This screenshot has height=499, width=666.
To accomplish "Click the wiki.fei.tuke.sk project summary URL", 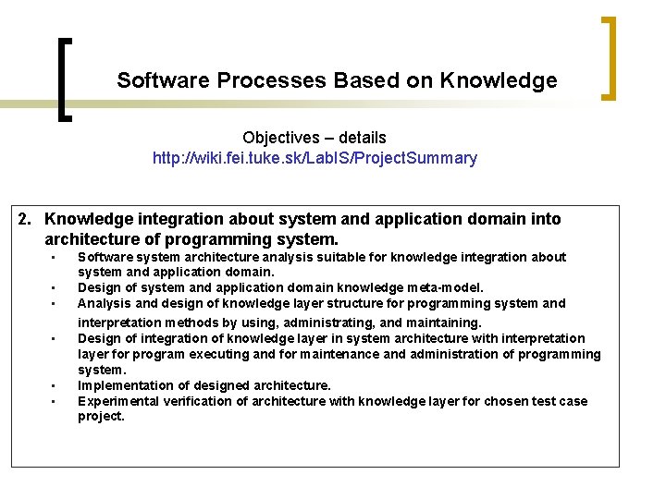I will [314, 158].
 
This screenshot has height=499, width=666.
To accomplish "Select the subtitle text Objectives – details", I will [314, 138].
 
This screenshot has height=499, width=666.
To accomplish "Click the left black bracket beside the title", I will [62, 79].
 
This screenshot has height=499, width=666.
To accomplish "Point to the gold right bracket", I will [608, 57].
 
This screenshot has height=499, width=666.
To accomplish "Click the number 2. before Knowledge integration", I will [27, 219].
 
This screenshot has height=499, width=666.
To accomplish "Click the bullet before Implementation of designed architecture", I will [55, 385].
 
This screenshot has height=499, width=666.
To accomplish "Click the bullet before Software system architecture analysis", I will [55, 257].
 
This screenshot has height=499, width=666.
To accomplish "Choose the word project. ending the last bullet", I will [101, 417].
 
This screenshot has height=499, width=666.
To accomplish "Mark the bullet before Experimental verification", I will [55, 401].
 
